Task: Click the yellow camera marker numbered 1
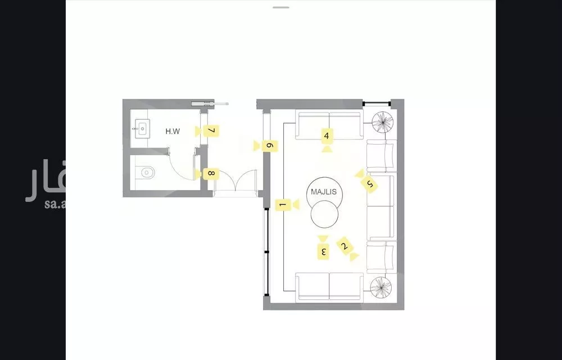pos(283,205)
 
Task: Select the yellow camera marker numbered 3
pos(323,250)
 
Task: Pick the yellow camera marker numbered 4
pos(326,136)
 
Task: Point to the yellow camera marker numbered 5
pos(369,183)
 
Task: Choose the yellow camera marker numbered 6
pos(269,146)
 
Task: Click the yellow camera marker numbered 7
pos(211,130)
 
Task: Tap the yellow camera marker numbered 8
pos(211,173)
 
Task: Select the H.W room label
pos(173,132)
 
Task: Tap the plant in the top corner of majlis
pos(383,121)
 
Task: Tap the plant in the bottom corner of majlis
pos(383,288)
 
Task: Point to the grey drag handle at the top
pos(280,7)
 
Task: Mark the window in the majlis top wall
pos(376,103)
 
